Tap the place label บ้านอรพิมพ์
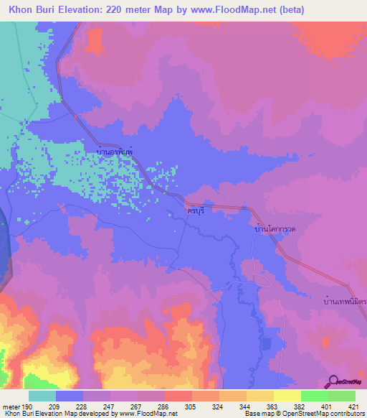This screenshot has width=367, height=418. tap(115, 152)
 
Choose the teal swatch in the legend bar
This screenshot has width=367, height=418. tap(42, 396)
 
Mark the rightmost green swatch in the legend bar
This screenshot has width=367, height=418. tap(342, 396)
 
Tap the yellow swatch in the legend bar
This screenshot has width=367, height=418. tap(287, 396)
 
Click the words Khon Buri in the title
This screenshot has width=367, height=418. tap(30, 10)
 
